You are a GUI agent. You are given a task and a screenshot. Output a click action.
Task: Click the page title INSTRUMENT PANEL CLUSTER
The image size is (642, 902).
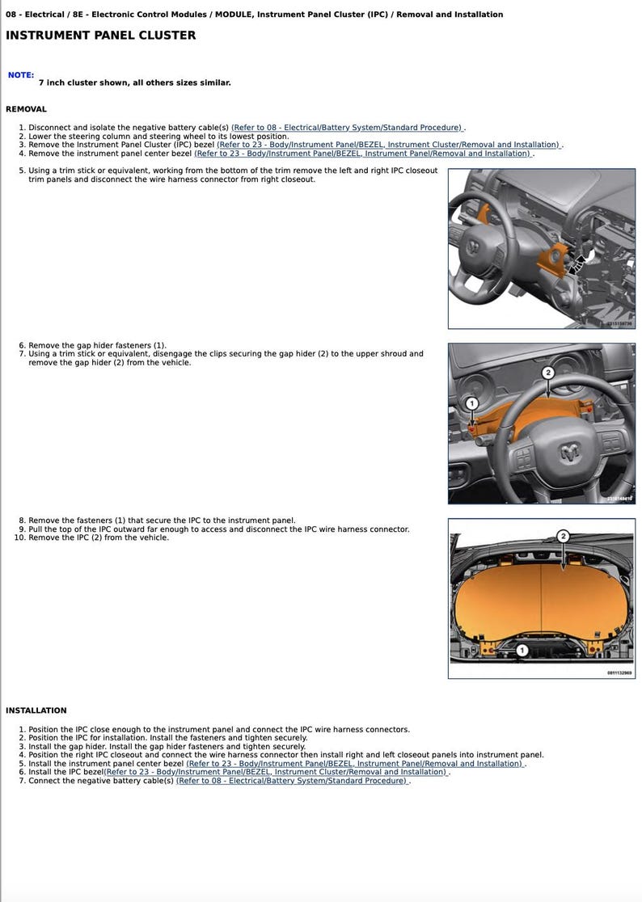click(100, 36)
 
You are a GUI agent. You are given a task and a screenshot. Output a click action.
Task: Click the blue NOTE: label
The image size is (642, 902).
click(21, 75)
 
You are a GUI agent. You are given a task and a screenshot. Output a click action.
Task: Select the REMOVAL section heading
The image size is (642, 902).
click(26, 109)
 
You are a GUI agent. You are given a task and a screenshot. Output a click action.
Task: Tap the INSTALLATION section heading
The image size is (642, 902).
click(36, 710)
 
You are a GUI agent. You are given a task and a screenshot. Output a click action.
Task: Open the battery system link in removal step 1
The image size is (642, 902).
click(347, 128)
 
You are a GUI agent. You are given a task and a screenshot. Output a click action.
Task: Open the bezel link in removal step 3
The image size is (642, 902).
click(388, 145)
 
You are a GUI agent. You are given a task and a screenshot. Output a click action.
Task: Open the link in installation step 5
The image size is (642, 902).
click(354, 763)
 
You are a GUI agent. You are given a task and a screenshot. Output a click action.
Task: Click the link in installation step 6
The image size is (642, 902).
click(275, 772)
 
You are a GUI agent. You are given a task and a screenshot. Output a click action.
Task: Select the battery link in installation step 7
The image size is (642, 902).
click(292, 781)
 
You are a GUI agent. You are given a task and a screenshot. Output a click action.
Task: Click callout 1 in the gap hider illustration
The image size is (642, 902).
click(472, 403)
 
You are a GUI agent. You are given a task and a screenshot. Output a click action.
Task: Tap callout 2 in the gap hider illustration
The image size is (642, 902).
click(547, 373)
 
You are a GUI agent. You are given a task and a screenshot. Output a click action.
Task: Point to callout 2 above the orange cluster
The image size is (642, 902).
click(563, 536)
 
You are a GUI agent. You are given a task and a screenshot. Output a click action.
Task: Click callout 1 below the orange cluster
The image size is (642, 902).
click(522, 650)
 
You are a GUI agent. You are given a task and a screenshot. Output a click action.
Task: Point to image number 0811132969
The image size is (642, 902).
click(619, 672)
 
